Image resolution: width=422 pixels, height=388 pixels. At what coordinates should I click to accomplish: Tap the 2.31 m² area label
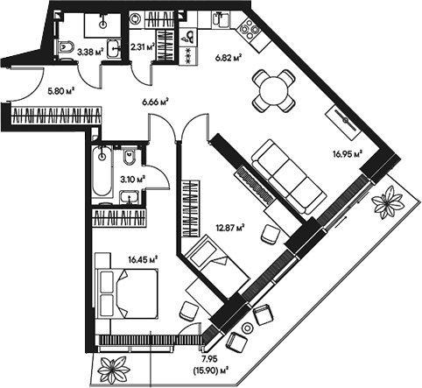click(x=143, y=47)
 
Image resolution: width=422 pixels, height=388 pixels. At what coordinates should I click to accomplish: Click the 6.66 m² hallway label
click(x=154, y=101)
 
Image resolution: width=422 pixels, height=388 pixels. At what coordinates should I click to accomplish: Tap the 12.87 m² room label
click(x=229, y=229)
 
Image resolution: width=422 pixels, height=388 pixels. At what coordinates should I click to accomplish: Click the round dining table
click(x=273, y=88)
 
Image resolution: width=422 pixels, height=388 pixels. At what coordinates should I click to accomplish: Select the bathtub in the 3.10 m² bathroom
click(x=100, y=173)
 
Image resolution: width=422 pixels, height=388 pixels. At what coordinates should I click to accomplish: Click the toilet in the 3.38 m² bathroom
click(x=67, y=46)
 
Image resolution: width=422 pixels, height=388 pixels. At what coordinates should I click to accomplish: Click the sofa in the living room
click(x=283, y=173)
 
